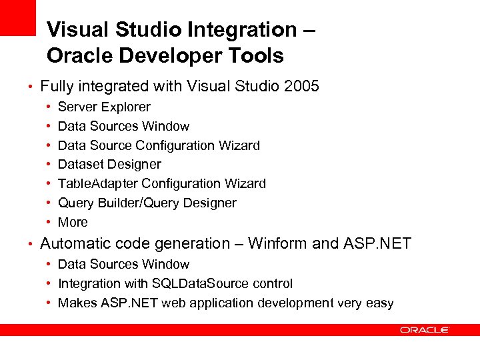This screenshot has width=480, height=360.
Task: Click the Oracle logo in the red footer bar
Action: pyautogui.click(x=425, y=330)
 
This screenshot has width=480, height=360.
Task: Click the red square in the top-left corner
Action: pyautogui.click(x=17, y=17)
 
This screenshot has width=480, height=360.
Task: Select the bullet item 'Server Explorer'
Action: pyautogui.click(x=104, y=107)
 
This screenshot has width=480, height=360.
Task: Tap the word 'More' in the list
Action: pyautogui.click(x=73, y=222)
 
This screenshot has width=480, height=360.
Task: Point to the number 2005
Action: pyautogui.click(x=301, y=86)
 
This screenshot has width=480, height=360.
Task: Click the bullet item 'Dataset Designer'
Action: pyautogui.click(x=109, y=164)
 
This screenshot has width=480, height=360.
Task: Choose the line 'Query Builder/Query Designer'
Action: pyautogui.click(x=147, y=203)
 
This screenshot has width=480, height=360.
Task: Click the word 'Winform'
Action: pyautogui.click(x=279, y=243)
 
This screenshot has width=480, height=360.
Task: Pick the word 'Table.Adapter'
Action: pyautogui.click(x=98, y=183)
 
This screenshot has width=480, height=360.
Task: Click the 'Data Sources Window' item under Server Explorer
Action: pyautogui.click(x=123, y=126)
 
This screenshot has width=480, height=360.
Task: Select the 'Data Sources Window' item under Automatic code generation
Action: pyautogui.click(x=123, y=264)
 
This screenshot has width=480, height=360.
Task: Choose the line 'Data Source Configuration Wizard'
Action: pyautogui.click(x=159, y=145)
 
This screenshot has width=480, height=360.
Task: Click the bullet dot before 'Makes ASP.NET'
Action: pyautogui.click(x=50, y=303)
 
